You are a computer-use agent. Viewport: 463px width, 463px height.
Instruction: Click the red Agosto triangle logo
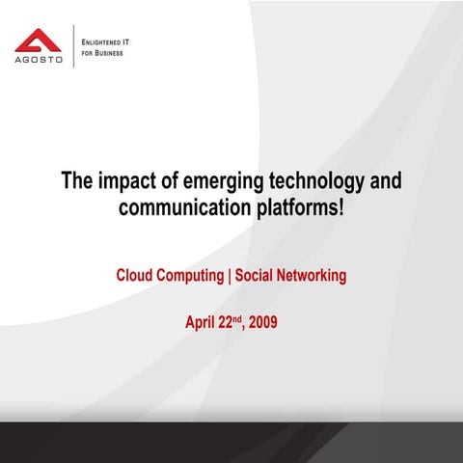(39, 41)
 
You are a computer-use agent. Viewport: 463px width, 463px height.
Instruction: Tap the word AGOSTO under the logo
(39, 61)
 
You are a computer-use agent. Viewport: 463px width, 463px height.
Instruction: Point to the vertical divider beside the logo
(73, 46)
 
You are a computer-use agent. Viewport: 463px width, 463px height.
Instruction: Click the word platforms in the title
(295, 206)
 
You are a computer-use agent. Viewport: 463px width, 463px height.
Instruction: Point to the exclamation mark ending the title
(340, 206)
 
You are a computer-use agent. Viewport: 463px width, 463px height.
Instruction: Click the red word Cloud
(136, 275)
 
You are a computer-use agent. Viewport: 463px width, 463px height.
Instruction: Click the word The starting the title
(76, 181)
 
